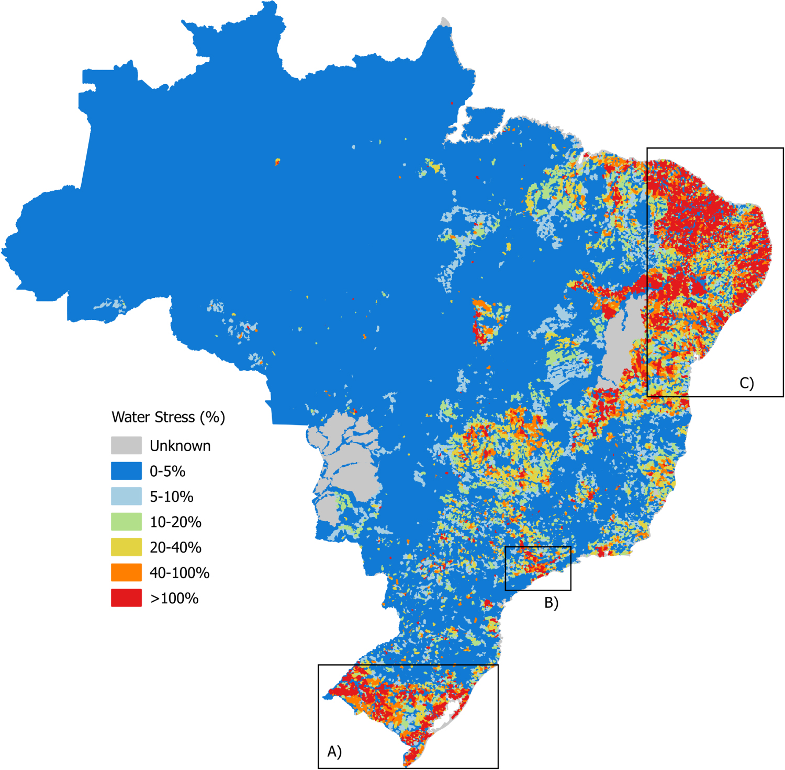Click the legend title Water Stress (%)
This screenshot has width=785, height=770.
click(168, 417)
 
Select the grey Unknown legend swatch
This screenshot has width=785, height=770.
click(126, 445)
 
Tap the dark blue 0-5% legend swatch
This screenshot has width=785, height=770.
click(126, 471)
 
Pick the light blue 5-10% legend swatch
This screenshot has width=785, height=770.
click(126, 496)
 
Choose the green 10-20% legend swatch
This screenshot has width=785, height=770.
click(126, 522)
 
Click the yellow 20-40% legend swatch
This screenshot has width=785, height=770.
click(126, 547)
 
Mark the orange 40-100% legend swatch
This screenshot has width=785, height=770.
click(126, 572)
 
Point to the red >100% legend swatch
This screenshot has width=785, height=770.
click(126, 597)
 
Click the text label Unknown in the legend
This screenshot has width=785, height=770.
click(180, 446)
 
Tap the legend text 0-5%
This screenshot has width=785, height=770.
click(167, 472)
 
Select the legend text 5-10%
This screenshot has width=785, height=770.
click(172, 497)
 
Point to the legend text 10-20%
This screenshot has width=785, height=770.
click(175, 522)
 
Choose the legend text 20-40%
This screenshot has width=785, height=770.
click(175, 547)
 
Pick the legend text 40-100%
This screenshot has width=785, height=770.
click(180, 573)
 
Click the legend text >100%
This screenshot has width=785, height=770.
click(174, 598)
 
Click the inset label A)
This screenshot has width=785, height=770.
click(334, 751)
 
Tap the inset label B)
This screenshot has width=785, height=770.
click(551, 603)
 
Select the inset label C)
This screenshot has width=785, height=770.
click(746, 383)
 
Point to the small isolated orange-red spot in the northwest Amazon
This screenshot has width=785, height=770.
click(277, 162)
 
